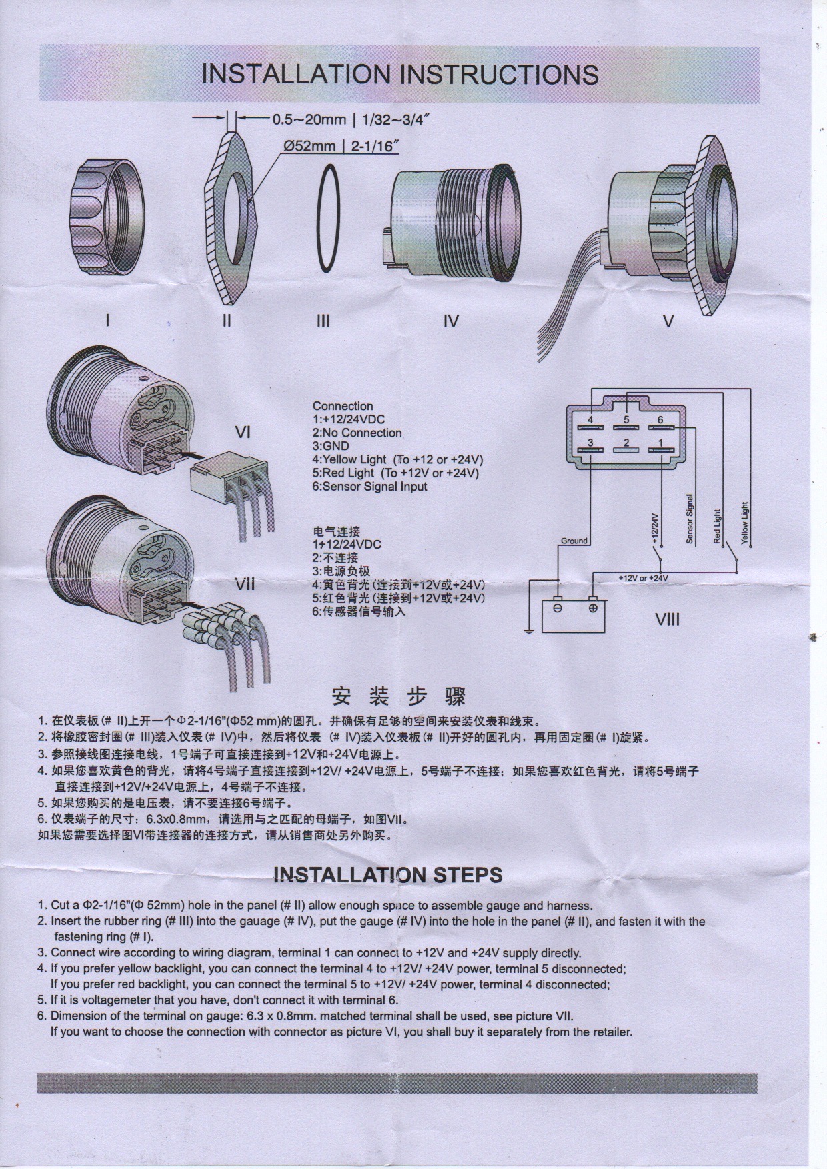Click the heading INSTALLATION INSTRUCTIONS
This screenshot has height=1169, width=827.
[399, 74]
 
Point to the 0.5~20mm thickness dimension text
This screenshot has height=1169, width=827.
[309, 120]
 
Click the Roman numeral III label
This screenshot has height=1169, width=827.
[323, 321]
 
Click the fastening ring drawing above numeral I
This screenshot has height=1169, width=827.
[106, 216]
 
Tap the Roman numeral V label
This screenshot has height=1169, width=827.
[668, 322]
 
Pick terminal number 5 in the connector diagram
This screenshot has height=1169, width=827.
[626, 419]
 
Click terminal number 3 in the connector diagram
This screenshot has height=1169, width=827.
[590, 443]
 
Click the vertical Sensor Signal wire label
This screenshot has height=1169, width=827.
[690, 518]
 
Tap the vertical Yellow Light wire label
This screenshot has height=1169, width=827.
[744, 523]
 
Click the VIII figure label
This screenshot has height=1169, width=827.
[667, 620]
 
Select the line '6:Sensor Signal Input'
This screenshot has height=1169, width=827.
[370, 487]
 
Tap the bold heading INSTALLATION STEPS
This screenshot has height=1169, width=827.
[388, 875]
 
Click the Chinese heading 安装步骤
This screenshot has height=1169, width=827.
[399, 696]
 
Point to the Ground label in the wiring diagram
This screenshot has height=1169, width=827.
[574, 541]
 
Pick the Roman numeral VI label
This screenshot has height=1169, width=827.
[243, 433]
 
